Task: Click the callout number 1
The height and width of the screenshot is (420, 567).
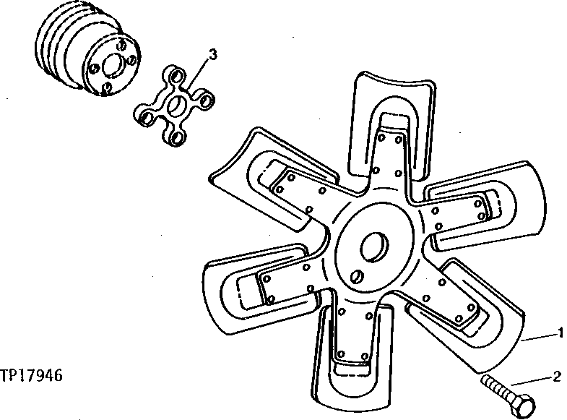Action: click(560, 333)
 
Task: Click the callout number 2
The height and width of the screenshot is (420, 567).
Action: click(556, 376)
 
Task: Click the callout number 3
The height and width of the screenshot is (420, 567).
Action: click(212, 53)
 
